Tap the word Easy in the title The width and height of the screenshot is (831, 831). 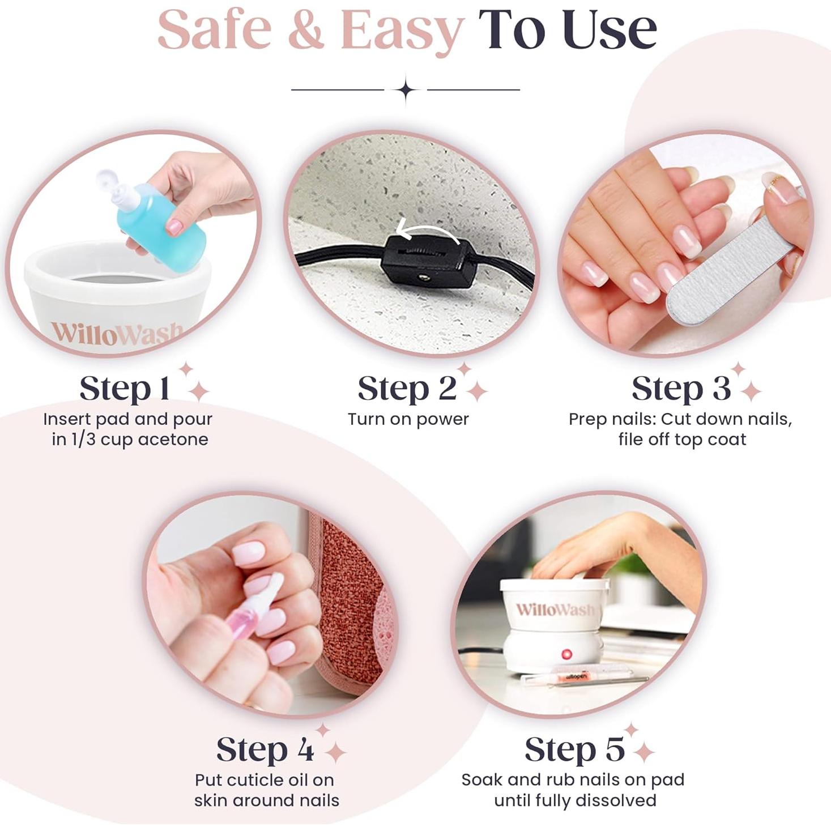tap(402, 31)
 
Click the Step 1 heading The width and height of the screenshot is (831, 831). tap(125, 389)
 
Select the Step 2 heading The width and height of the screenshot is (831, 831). tap(407, 389)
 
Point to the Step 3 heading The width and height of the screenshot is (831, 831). tap(681, 389)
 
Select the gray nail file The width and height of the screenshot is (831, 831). tap(731, 266)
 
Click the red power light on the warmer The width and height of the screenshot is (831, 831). tap(566, 654)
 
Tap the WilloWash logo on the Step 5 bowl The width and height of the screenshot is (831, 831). tap(555, 610)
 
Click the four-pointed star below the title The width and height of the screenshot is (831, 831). tap(406, 90)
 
